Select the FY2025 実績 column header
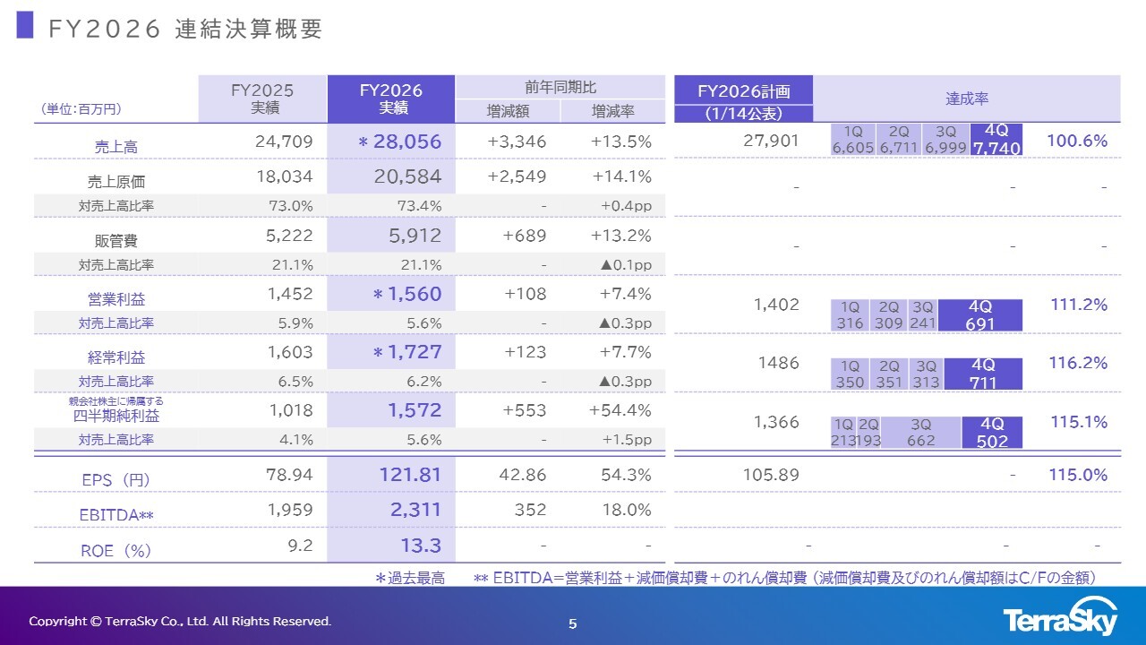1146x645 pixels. pyautogui.click(x=262, y=99)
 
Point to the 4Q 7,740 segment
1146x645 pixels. pyautogui.click(x=996, y=139)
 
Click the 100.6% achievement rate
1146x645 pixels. pyautogui.click(x=1077, y=141)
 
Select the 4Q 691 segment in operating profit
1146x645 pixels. pyautogui.click(x=980, y=314)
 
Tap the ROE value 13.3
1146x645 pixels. pyautogui.click(x=423, y=545)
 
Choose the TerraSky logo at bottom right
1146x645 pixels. pyautogui.click(x=1060, y=620)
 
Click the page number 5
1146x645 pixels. pyautogui.click(x=573, y=623)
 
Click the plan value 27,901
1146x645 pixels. pyautogui.click(x=771, y=141)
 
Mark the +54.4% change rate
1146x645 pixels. pyautogui.click(x=621, y=410)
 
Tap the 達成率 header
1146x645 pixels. pyautogui.click(x=967, y=99)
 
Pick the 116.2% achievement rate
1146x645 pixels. pyautogui.click(x=1077, y=363)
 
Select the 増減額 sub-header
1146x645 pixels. pyautogui.click(x=508, y=111)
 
